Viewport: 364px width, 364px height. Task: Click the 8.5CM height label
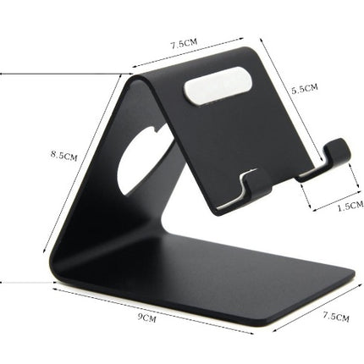64,156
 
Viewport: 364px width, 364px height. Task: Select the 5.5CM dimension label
304,87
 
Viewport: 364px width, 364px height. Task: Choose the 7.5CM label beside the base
335,317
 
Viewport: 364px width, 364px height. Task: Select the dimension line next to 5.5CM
284,85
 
